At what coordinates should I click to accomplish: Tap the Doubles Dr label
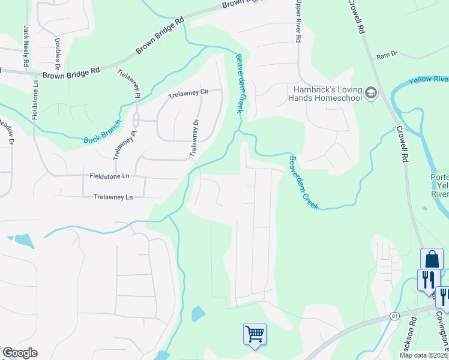pyautogui.click(x=58, y=50)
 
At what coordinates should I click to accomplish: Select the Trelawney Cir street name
pyautogui.click(x=188, y=93)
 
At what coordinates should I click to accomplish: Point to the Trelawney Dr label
pyautogui.click(x=194, y=138)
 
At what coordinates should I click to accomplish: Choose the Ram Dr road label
pyautogui.click(x=387, y=56)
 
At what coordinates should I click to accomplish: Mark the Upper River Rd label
pyautogui.click(x=297, y=21)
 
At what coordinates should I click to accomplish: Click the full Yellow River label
pyautogui.click(x=429, y=80)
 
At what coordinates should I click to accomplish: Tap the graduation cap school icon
pyautogui.click(x=370, y=93)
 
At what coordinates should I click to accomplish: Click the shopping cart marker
pyautogui.click(x=255, y=334)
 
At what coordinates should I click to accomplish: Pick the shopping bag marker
pyautogui.click(x=432, y=259)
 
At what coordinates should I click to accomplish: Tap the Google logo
pyautogui.click(x=20, y=353)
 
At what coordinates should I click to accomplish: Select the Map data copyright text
pyautogui.click(x=424, y=355)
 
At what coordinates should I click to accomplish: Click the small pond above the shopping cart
pyautogui.click(x=197, y=314)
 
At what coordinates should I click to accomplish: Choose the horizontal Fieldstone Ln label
pyautogui.click(x=109, y=176)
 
